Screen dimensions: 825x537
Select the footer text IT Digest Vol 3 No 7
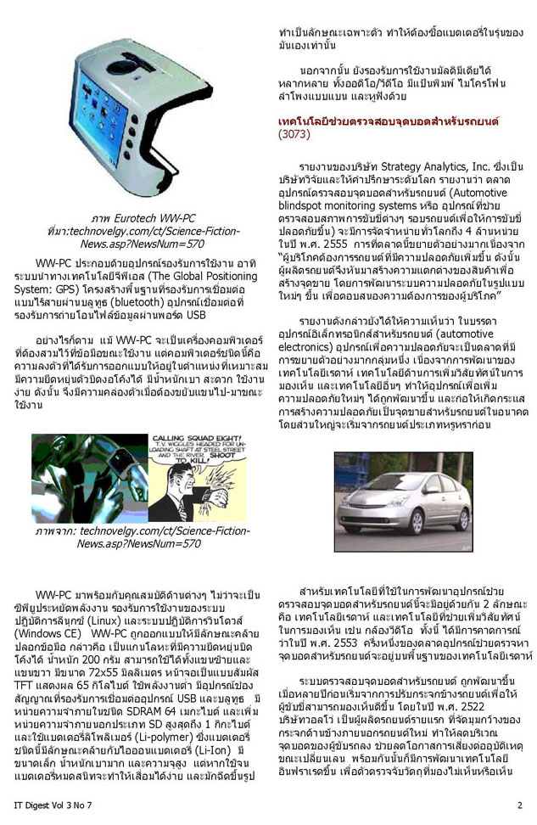click(48, 804)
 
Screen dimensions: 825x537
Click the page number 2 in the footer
click(519, 804)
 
